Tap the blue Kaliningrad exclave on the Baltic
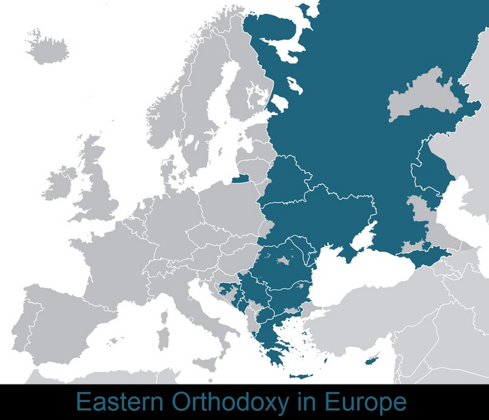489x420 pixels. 240,179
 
